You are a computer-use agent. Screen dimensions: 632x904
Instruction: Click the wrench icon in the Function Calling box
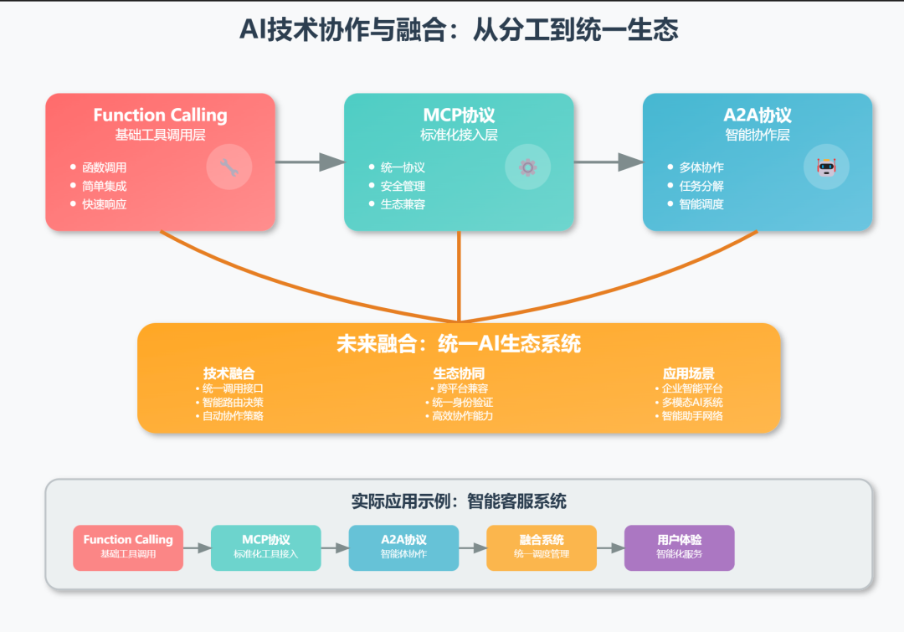point(229,167)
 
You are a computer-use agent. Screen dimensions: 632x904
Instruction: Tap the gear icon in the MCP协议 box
point(527,167)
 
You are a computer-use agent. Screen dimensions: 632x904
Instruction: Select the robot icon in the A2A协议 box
point(826,167)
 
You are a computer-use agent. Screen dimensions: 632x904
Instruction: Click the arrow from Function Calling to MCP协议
point(310,162)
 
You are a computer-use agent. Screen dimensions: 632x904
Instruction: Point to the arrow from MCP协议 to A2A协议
point(609,162)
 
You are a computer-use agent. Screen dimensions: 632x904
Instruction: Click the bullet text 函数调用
point(104,167)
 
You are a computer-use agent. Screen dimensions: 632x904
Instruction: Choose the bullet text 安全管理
point(403,186)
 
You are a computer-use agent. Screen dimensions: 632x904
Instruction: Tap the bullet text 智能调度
point(701,204)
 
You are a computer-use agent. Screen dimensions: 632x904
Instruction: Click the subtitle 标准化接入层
point(459,135)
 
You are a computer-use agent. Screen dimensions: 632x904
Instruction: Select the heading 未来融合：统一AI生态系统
point(459,344)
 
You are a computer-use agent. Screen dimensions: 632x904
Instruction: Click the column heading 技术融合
point(229,373)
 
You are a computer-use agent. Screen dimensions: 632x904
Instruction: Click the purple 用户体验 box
point(679,547)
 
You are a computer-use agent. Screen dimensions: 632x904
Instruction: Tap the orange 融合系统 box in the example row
point(542,547)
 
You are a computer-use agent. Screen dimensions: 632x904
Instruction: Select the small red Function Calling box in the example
point(128,547)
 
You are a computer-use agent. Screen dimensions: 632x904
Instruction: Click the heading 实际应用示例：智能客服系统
point(459,501)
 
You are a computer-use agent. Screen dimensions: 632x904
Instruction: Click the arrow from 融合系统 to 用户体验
point(610,548)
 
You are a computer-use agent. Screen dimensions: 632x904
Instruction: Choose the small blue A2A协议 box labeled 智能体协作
point(403,547)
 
